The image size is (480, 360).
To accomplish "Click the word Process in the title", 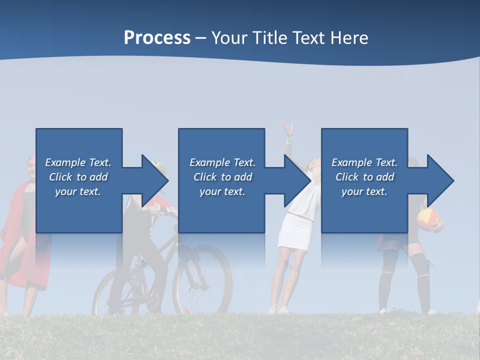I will click(157, 38).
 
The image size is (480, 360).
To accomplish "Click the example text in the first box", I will click(78, 177).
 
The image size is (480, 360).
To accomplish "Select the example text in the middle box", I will click(222, 177).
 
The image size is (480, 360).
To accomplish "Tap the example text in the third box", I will click(364, 177).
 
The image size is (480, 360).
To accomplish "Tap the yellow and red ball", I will click(427, 219).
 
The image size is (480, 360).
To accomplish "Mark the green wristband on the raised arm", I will click(289, 140).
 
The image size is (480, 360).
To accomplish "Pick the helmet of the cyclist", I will click(158, 165).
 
